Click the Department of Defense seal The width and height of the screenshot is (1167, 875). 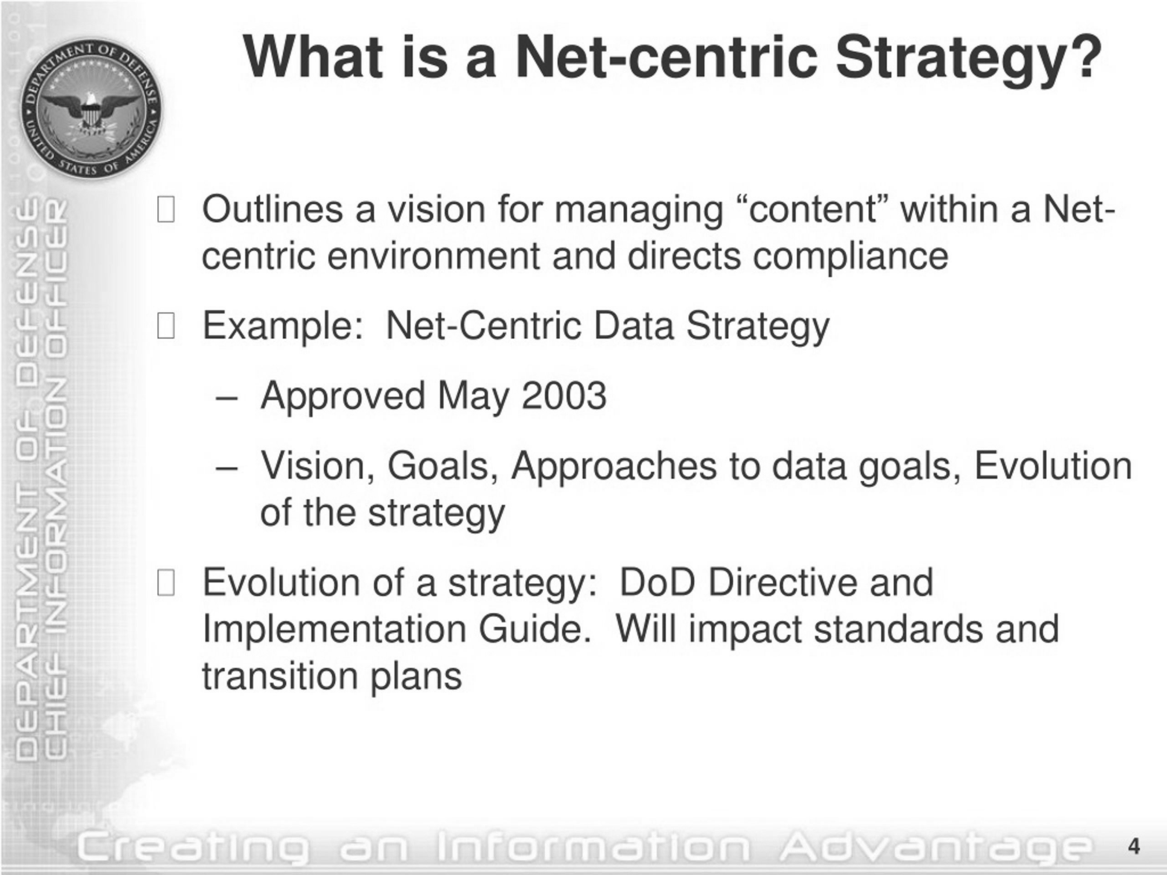coord(91,109)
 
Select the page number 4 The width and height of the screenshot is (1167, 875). coord(1134,846)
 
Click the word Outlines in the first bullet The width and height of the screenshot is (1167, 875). coord(272,209)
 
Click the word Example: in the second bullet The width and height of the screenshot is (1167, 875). coord(283,327)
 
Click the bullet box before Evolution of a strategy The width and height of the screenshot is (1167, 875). coord(166,583)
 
